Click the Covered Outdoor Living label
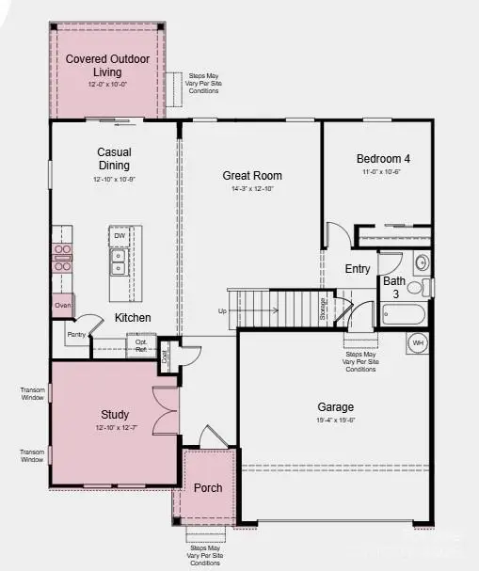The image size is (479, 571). (106, 65)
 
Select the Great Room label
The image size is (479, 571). (251, 175)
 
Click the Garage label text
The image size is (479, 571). (335, 407)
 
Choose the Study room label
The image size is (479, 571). (115, 414)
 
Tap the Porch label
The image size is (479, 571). (207, 488)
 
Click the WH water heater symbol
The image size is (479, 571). (418, 343)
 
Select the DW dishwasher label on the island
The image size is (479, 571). (120, 235)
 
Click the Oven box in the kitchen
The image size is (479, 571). (63, 305)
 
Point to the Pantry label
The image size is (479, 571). (76, 334)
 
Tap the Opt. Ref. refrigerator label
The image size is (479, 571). (140, 346)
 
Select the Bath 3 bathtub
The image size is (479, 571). (404, 314)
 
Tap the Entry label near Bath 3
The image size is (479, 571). (358, 269)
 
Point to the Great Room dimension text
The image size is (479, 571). (251, 190)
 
